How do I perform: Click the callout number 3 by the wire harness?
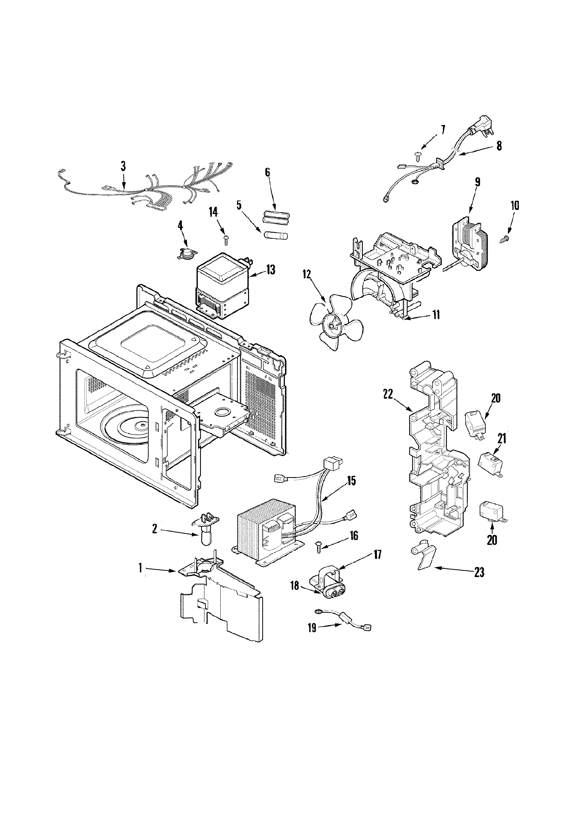(123, 166)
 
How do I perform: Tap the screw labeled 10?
(506, 240)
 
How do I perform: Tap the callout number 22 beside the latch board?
(388, 394)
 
